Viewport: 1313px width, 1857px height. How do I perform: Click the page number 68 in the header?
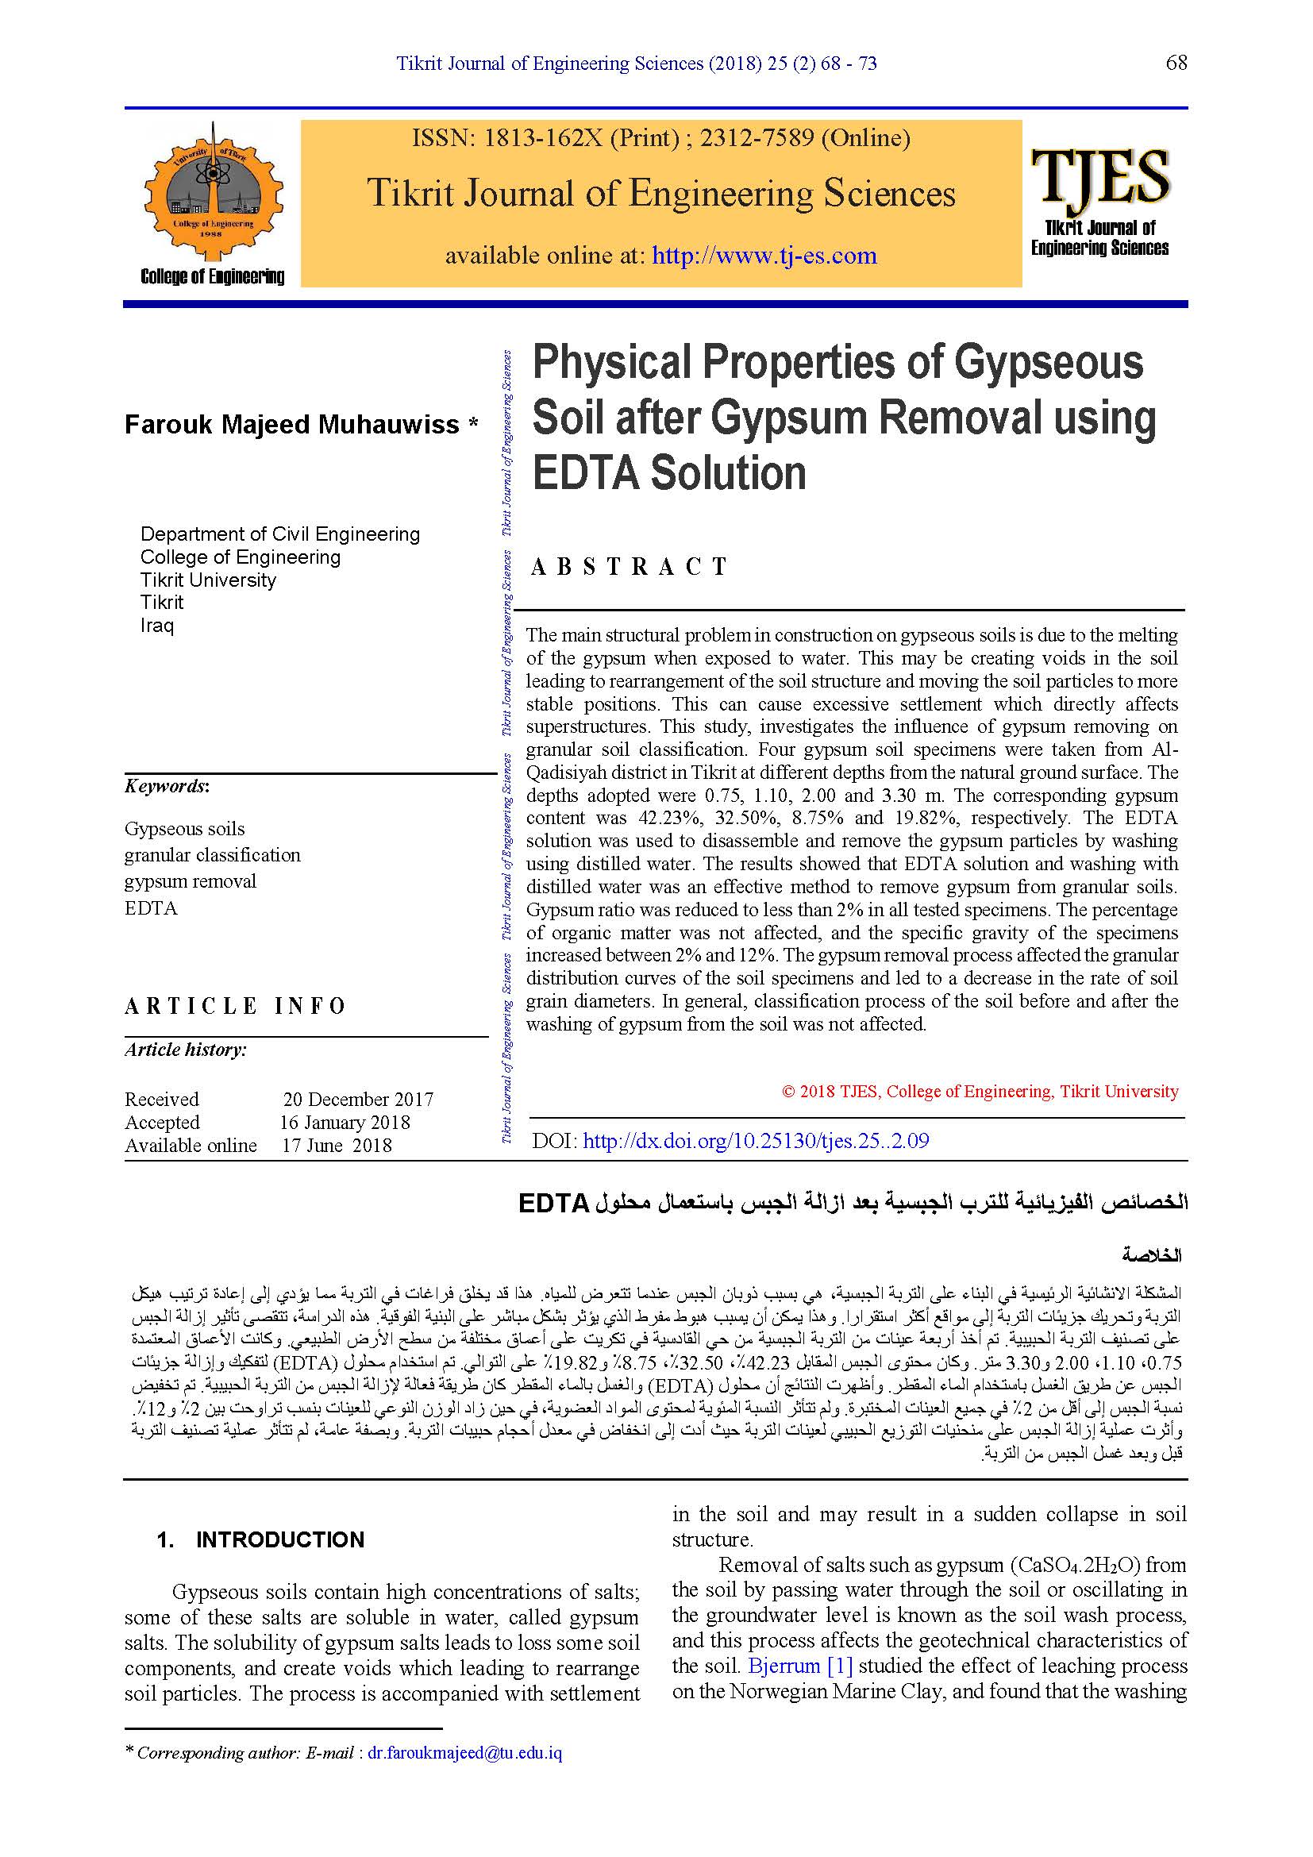click(1176, 63)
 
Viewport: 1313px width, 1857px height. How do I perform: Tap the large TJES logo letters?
click(1099, 177)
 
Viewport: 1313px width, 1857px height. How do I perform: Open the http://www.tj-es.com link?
click(764, 256)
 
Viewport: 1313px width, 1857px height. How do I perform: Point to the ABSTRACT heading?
click(630, 567)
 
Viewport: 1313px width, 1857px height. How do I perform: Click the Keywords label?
click(167, 786)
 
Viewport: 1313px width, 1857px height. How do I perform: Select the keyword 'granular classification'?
click(212, 855)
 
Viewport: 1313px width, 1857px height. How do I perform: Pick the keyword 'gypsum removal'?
click(190, 881)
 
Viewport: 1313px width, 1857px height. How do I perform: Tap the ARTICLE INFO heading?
click(235, 1006)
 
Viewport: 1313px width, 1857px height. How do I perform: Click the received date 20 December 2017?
click(358, 1099)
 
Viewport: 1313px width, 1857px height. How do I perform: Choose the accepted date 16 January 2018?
click(345, 1123)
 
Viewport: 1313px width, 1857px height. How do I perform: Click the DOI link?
click(755, 1140)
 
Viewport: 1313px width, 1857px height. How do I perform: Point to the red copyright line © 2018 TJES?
click(980, 1091)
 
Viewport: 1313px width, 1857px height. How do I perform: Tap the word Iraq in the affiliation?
click(157, 625)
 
